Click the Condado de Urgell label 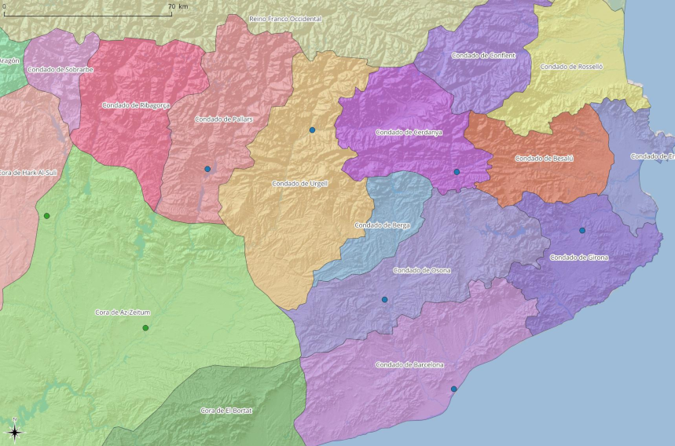point(299,184)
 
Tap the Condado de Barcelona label point(409,365)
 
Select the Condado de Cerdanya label point(409,133)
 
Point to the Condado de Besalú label point(544,159)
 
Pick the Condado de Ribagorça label point(136,105)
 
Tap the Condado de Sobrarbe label point(61,70)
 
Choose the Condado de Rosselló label point(571,68)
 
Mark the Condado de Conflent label point(483,56)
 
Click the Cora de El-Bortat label point(226,411)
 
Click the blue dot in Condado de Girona point(582,230)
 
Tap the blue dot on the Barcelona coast point(453,389)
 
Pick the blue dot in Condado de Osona point(385,299)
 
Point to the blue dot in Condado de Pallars point(207,169)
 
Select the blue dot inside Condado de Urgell point(312,130)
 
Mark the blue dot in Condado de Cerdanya point(457,171)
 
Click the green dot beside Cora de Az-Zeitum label point(145,327)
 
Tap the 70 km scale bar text point(178,6)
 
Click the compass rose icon point(14,430)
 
